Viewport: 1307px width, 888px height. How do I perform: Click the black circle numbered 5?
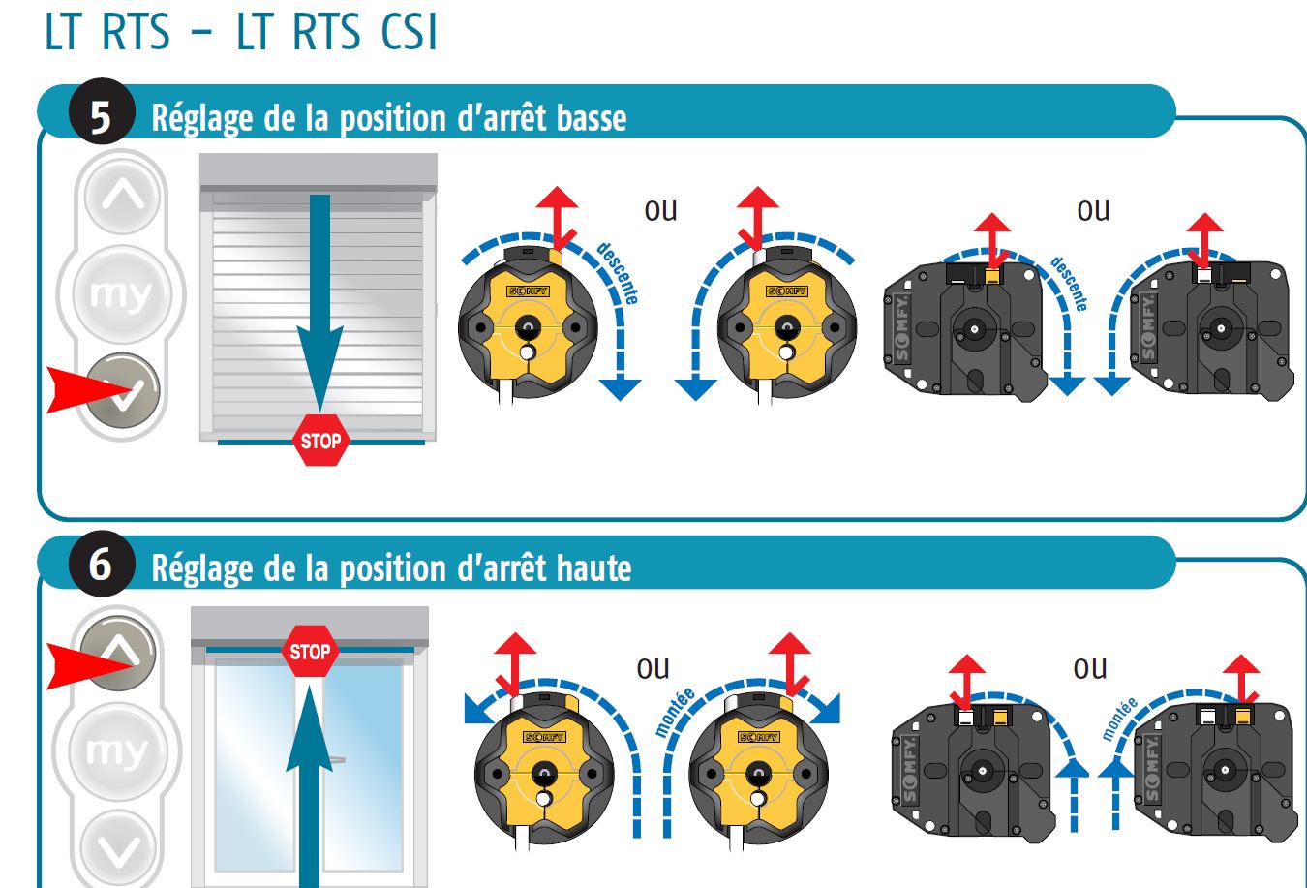pos(102,111)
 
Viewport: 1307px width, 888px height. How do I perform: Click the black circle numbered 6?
pos(102,564)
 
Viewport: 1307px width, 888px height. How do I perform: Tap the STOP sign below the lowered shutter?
pos(320,441)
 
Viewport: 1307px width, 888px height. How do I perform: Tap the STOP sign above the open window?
pos(310,651)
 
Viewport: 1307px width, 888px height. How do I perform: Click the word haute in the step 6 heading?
pos(594,568)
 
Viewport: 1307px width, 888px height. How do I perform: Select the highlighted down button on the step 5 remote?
pos(123,391)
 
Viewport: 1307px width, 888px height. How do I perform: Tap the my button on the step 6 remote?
pos(117,750)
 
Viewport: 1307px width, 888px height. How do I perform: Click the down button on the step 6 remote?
pos(119,849)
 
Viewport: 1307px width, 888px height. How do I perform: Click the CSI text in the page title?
pos(409,32)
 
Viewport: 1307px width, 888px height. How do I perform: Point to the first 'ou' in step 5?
pos(660,211)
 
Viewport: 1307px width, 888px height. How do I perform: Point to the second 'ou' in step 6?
pos(1090,668)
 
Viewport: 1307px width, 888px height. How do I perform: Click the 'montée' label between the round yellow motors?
pos(675,712)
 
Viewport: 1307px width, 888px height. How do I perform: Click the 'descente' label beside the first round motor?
pos(618,272)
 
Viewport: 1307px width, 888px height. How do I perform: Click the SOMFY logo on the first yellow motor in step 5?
pos(528,291)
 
